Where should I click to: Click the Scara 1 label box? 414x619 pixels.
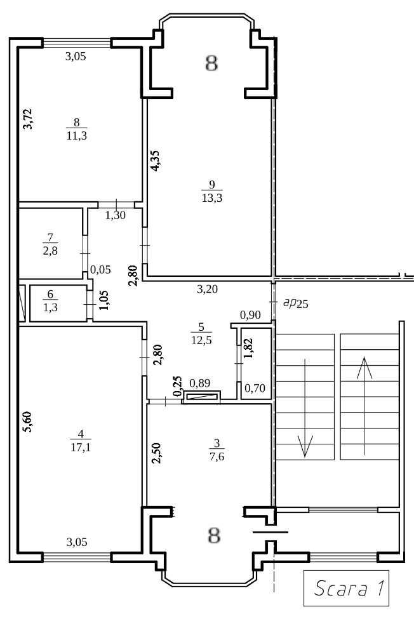pyautogui.click(x=346, y=588)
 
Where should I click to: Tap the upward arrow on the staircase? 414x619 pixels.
pyautogui.click(x=364, y=406)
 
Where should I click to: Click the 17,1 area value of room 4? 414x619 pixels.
pyautogui.click(x=81, y=448)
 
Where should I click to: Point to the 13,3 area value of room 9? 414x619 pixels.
pyautogui.click(x=212, y=198)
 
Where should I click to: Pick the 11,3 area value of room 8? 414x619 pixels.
pyautogui.click(x=77, y=136)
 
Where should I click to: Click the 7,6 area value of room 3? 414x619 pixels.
pyautogui.click(x=217, y=456)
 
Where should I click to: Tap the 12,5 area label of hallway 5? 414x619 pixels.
pyautogui.click(x=201, y=340)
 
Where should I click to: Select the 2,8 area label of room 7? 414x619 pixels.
pyautogui.click(x=50, y=251)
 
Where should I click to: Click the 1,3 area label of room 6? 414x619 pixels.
pyautogui.click(x=50, y=307)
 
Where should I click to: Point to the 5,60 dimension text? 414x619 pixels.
pyautogui.click(x=27, y=422)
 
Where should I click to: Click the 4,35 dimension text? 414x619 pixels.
pyautogui.click(x=155, y=161)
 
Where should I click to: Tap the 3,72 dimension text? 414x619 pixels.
pyautogui.click(x=27, y=119)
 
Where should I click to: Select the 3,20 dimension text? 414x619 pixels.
pyautogui.click(x=207, y=290)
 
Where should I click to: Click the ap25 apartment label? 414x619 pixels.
pyautogui.click(x=296, y=303)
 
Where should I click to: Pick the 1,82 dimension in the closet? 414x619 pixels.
pyautogui.click(x=248, y=348)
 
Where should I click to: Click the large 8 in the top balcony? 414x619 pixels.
pyautogui.click(x=211, y=63)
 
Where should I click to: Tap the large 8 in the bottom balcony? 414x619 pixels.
pyautogui.click(x=214, y=536)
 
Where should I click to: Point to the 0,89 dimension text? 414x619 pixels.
pyautogui.click(x=200, y=383)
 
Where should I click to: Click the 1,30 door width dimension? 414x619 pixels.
pyautogui.click(x=115, y=215)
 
